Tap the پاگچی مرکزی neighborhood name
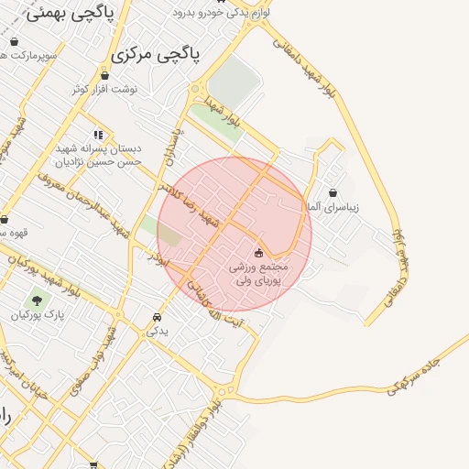[155, 56]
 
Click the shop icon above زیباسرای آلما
[332, 192]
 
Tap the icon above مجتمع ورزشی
[258, 252]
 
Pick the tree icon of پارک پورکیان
[38, 299]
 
